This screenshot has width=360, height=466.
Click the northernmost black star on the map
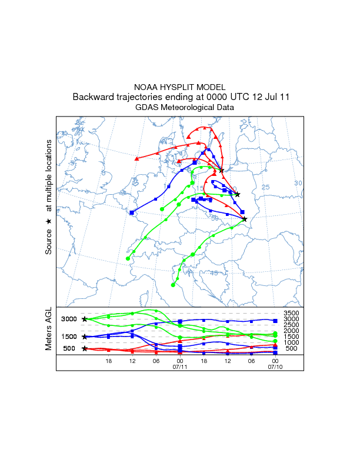(222, 171)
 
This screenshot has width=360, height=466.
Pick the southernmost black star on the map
(244, 219)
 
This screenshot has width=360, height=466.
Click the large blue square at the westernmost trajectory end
(132, 212)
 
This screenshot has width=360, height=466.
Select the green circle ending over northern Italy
(173, 284)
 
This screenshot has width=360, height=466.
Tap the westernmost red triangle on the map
(136, 158)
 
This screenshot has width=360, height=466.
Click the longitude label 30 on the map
(298, 184)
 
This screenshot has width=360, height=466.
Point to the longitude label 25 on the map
(265, 187)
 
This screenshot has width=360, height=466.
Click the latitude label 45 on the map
(214, 273)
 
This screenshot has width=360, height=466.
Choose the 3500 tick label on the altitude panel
(291, 313)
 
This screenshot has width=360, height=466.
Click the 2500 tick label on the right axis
(291, 325)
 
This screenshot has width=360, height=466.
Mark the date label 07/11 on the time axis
(179, 367)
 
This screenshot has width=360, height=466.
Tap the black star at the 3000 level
(85, 319)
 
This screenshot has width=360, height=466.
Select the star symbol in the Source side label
(49, 221)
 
